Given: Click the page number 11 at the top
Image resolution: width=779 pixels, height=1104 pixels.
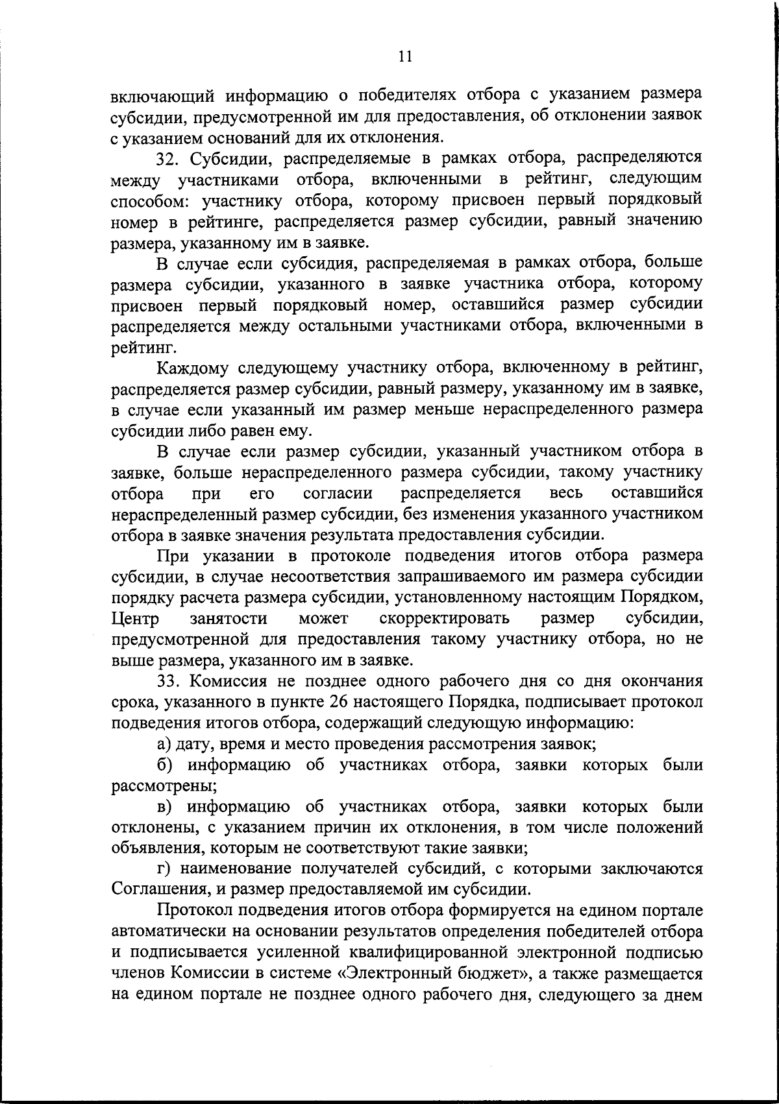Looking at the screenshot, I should (404, 57).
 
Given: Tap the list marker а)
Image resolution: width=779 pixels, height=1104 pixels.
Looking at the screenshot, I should (164, 744).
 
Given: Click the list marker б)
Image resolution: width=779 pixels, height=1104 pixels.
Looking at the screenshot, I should (164, 765).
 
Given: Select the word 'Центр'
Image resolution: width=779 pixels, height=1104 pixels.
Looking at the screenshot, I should (136, 619).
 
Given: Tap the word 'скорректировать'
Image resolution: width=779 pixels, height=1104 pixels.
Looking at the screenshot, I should (445, 619).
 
